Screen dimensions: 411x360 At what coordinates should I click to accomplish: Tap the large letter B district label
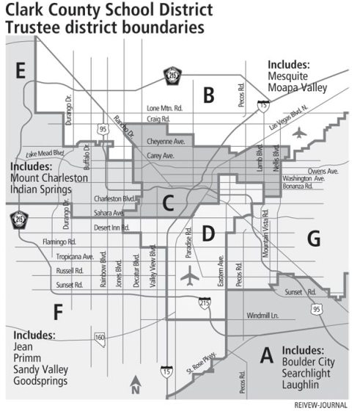pyautogui.click(x=208, y=94)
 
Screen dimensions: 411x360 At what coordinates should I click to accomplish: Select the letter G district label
pyautogui.click(x=314, y=239)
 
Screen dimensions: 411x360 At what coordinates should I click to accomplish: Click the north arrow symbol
pyautogui.click(x=135, y=385)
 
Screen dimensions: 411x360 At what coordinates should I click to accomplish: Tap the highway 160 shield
pyautogui.click(x=100, y=337)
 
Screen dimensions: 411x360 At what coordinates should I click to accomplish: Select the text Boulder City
pyautogui.click(x=313, y=361)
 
